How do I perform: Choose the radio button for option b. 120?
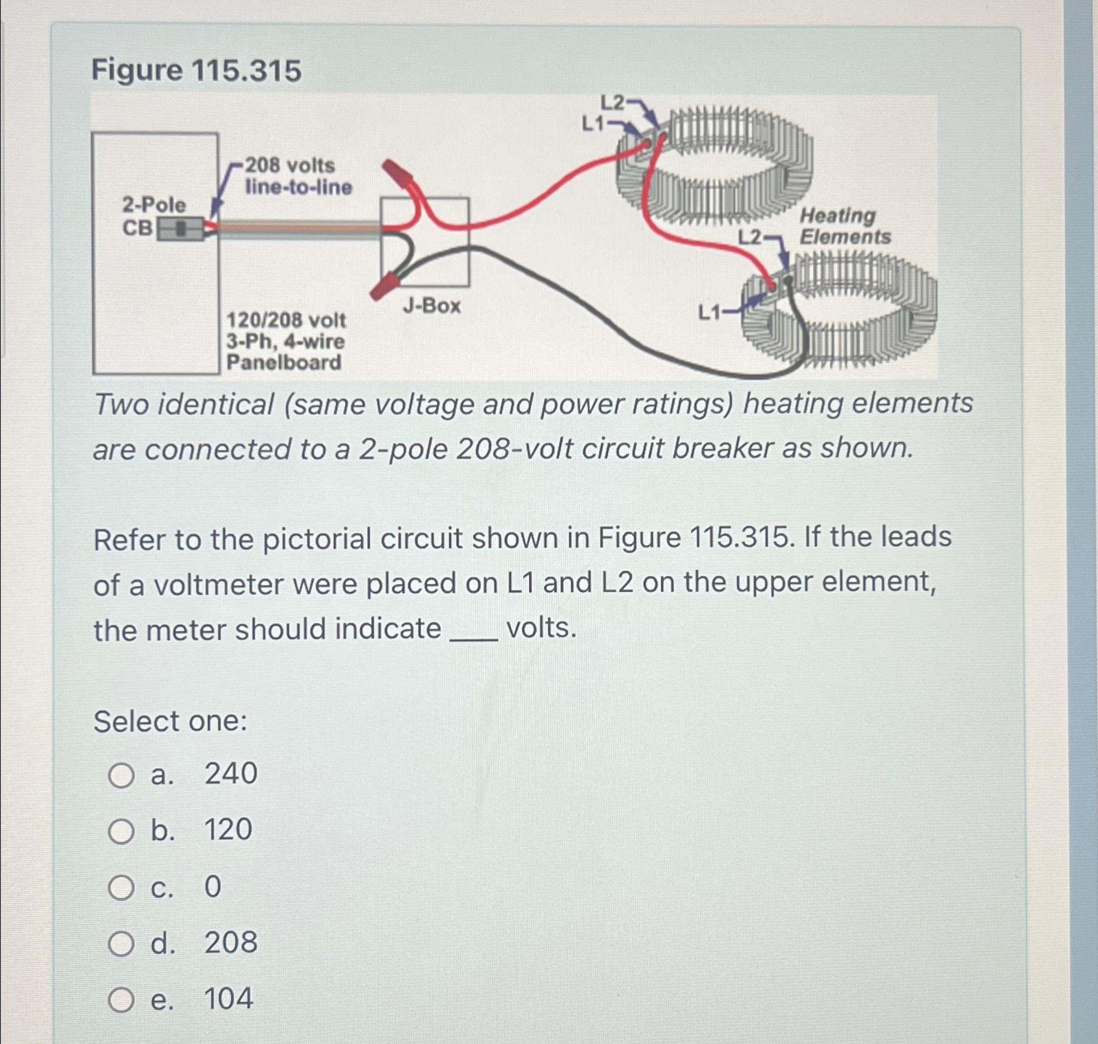pos(121,832)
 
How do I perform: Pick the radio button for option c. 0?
pos(121,888)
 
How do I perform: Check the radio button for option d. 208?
pos(121,944)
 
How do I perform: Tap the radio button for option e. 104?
pos(121,1001)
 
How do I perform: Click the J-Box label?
pos(432,306)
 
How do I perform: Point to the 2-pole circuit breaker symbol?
pos(179,229)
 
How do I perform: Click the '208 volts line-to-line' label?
pos(298,176)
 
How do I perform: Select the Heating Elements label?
pos(844,226)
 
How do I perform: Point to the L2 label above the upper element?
pos(612,102)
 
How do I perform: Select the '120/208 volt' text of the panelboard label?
pos(286,321)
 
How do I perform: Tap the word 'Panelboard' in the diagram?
pos(284,363)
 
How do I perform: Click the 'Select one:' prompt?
pos(170,721)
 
